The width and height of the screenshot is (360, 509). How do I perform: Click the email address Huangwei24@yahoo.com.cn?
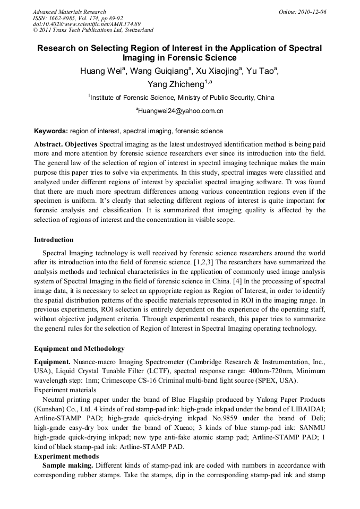click(x=180, y=111)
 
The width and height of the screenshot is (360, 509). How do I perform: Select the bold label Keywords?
click(x=51, y=131)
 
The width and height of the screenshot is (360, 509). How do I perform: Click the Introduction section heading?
click(x=54, y=240)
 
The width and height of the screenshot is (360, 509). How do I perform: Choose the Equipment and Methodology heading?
click(x=79, y=349)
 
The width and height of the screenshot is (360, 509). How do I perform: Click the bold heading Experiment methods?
click(x=66, y=456)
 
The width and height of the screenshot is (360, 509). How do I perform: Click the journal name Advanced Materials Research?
click(x=69, y=12)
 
